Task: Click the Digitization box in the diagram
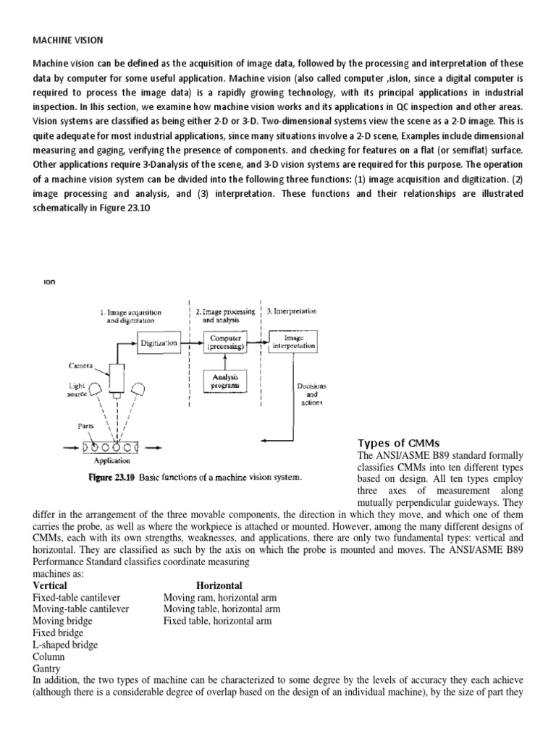159,343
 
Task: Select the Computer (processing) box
226,342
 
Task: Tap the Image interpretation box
293,342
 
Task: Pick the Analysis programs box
226,381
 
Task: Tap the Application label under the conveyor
113,459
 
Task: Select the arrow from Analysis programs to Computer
226,361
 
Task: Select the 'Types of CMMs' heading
399,443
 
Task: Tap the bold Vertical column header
50,585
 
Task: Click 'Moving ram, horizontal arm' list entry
220,597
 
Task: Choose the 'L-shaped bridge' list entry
65,644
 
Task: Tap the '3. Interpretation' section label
292,311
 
